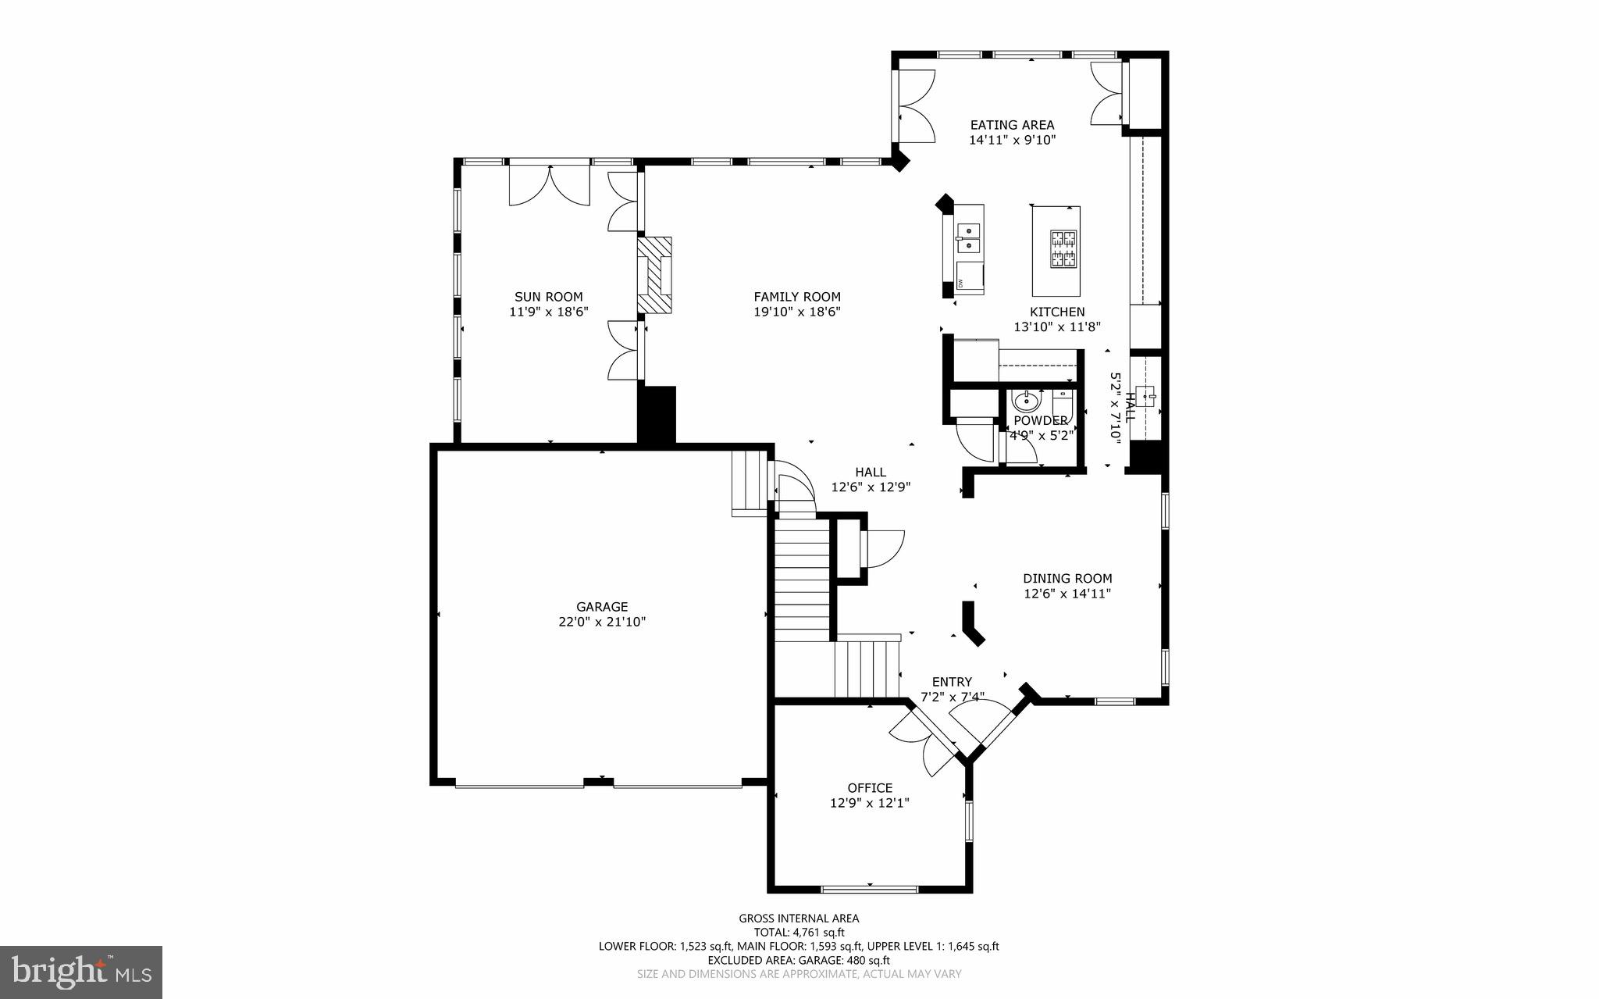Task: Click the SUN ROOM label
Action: [548, 297]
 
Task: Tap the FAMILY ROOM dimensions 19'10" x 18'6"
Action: [797, 312]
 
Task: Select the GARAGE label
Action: [602, 607]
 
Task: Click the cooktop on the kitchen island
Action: [1063, 248]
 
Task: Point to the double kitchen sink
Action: [969, 237]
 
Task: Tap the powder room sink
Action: [1025, 402]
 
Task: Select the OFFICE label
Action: [870, 788]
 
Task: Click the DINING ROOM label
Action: [1067, 579]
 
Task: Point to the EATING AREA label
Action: [1012, 125]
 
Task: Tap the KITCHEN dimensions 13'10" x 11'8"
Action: [1057, 327]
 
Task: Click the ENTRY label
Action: [952, 682]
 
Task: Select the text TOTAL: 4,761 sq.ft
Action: [799, 933]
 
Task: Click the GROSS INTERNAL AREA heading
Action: [799, 919]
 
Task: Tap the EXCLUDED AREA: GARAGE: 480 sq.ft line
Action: [799, 961]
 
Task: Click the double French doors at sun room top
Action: [550, 185]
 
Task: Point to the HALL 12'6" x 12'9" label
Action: [871, 480]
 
